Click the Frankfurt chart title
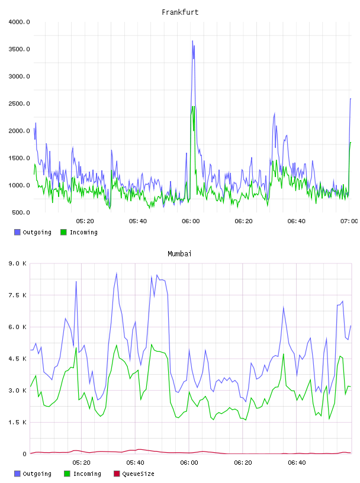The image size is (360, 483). click(x=180, y=12)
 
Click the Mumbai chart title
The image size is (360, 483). click(x=179, y=254)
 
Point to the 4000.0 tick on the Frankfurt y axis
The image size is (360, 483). click(x=19, y=22)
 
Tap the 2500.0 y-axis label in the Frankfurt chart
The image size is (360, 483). click(x=19, y=104)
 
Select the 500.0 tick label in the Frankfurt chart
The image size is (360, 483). click(x=21, y=212)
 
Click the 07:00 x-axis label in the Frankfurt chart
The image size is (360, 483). click(x=349, y=221)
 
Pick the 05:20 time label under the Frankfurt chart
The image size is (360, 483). click(x=85, y=221)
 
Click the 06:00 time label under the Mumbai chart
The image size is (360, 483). click(x=189, y=463)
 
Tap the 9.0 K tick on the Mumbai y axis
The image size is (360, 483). click(x=18, y=263)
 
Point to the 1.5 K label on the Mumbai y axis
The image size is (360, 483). click(x=18, y=422)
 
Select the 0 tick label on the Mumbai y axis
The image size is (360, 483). click(x=24, y=454)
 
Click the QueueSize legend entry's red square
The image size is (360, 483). click(x=117, y=474)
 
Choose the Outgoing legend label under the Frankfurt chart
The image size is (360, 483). click(x=37, y=233)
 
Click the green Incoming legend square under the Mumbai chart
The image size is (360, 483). click(x=67, y=474)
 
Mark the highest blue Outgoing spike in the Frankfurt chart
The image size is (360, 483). click(x=192, y=41)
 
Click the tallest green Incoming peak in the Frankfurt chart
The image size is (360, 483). click(x=192, y=107)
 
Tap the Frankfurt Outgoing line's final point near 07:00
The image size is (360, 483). click(x=351, y=99)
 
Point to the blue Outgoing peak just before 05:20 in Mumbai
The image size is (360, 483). click(x=76, y=281)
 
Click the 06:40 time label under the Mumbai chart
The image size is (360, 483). click(x=297, y=463)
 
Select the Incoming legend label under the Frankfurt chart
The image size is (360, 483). click(x=83, y=233)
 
